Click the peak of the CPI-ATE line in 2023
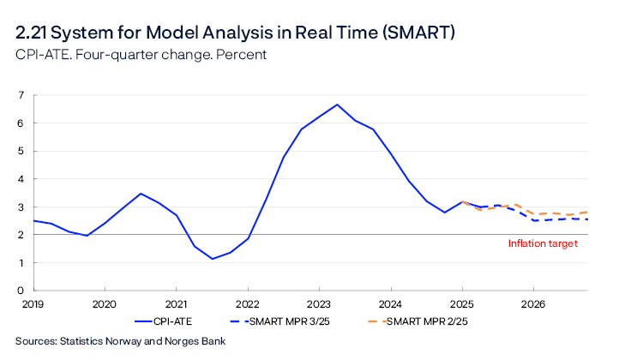point(337,105)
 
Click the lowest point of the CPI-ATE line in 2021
point(212,259)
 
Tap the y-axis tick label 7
point(21,95)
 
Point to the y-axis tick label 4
point(21,179)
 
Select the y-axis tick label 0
point(21,291)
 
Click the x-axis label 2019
point(33,304)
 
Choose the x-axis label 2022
point(248,304)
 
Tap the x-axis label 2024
point(391,304)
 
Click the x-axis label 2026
point(533,304)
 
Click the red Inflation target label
point(543,244)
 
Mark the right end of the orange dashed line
point(587,212)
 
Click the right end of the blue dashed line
point(587,219)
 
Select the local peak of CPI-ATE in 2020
point(141,194)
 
